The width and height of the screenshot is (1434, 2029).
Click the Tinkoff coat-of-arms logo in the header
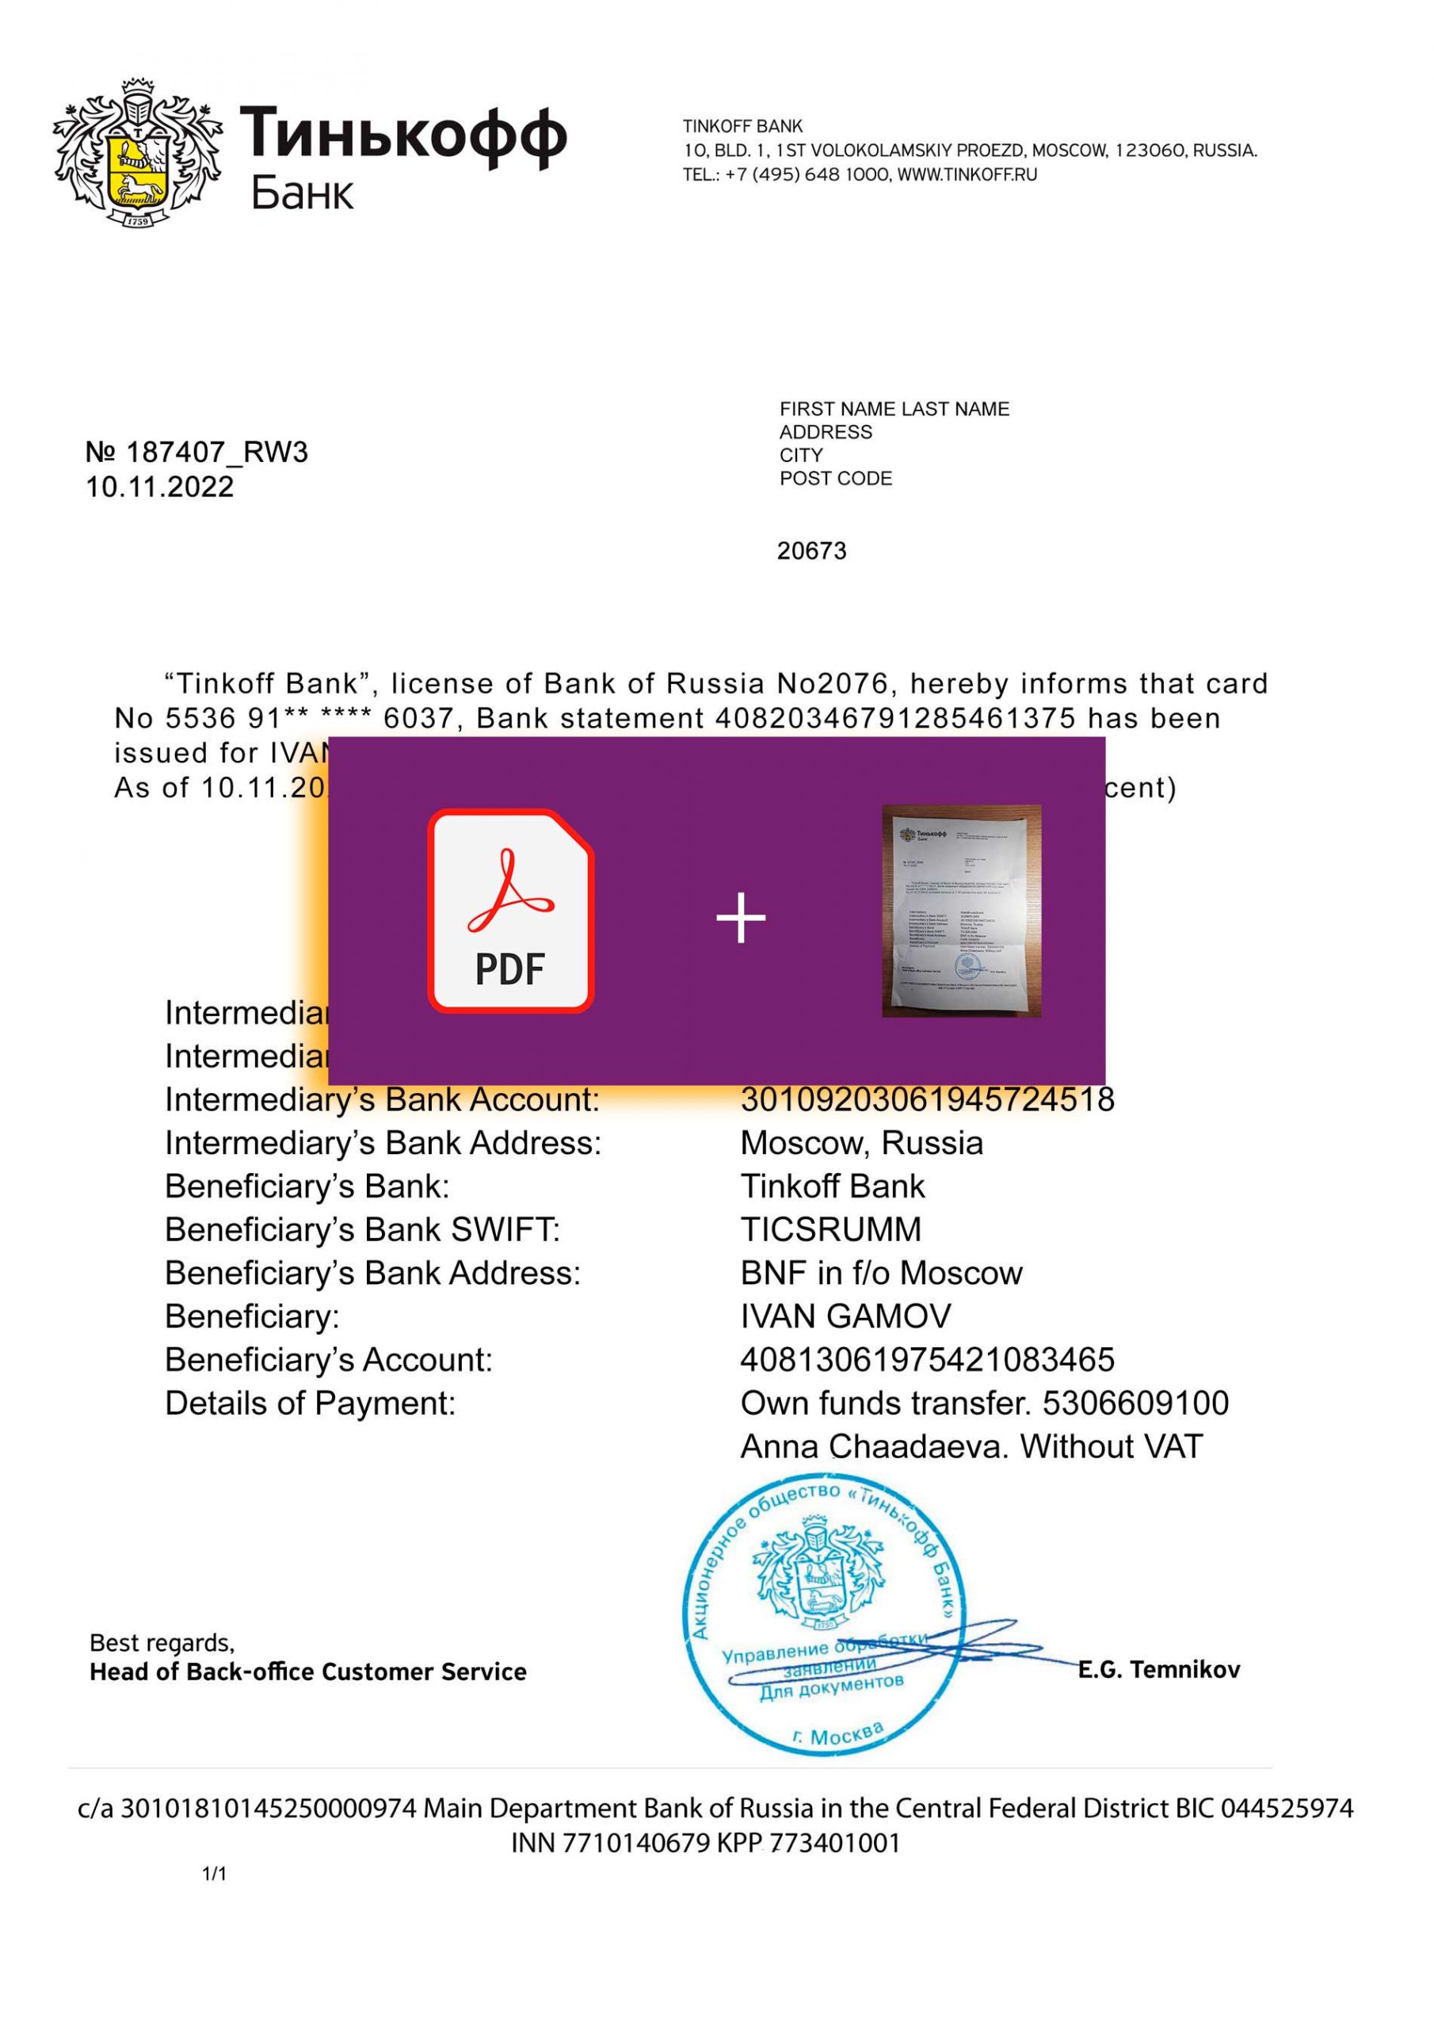[138, 154]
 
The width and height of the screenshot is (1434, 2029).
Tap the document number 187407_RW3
[216, 453]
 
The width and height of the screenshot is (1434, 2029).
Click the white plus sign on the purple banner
[741, 918]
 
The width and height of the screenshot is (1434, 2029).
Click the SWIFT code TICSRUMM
[830, 1229]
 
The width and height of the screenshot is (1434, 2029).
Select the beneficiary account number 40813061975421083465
[927, 1359]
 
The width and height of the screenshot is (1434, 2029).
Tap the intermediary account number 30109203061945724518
[927, 1099]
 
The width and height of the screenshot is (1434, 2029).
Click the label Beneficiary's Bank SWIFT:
[362, 1229]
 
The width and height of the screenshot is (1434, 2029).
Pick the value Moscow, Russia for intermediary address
[861, 1143]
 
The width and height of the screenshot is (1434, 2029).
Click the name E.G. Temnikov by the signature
[1158, 1669]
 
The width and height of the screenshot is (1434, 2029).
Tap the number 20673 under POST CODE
[811, 552]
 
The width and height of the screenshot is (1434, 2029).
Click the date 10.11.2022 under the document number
[159, 487]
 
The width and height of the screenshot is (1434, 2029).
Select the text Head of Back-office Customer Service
[307, 1672]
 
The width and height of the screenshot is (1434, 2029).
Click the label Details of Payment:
[310, 1404]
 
